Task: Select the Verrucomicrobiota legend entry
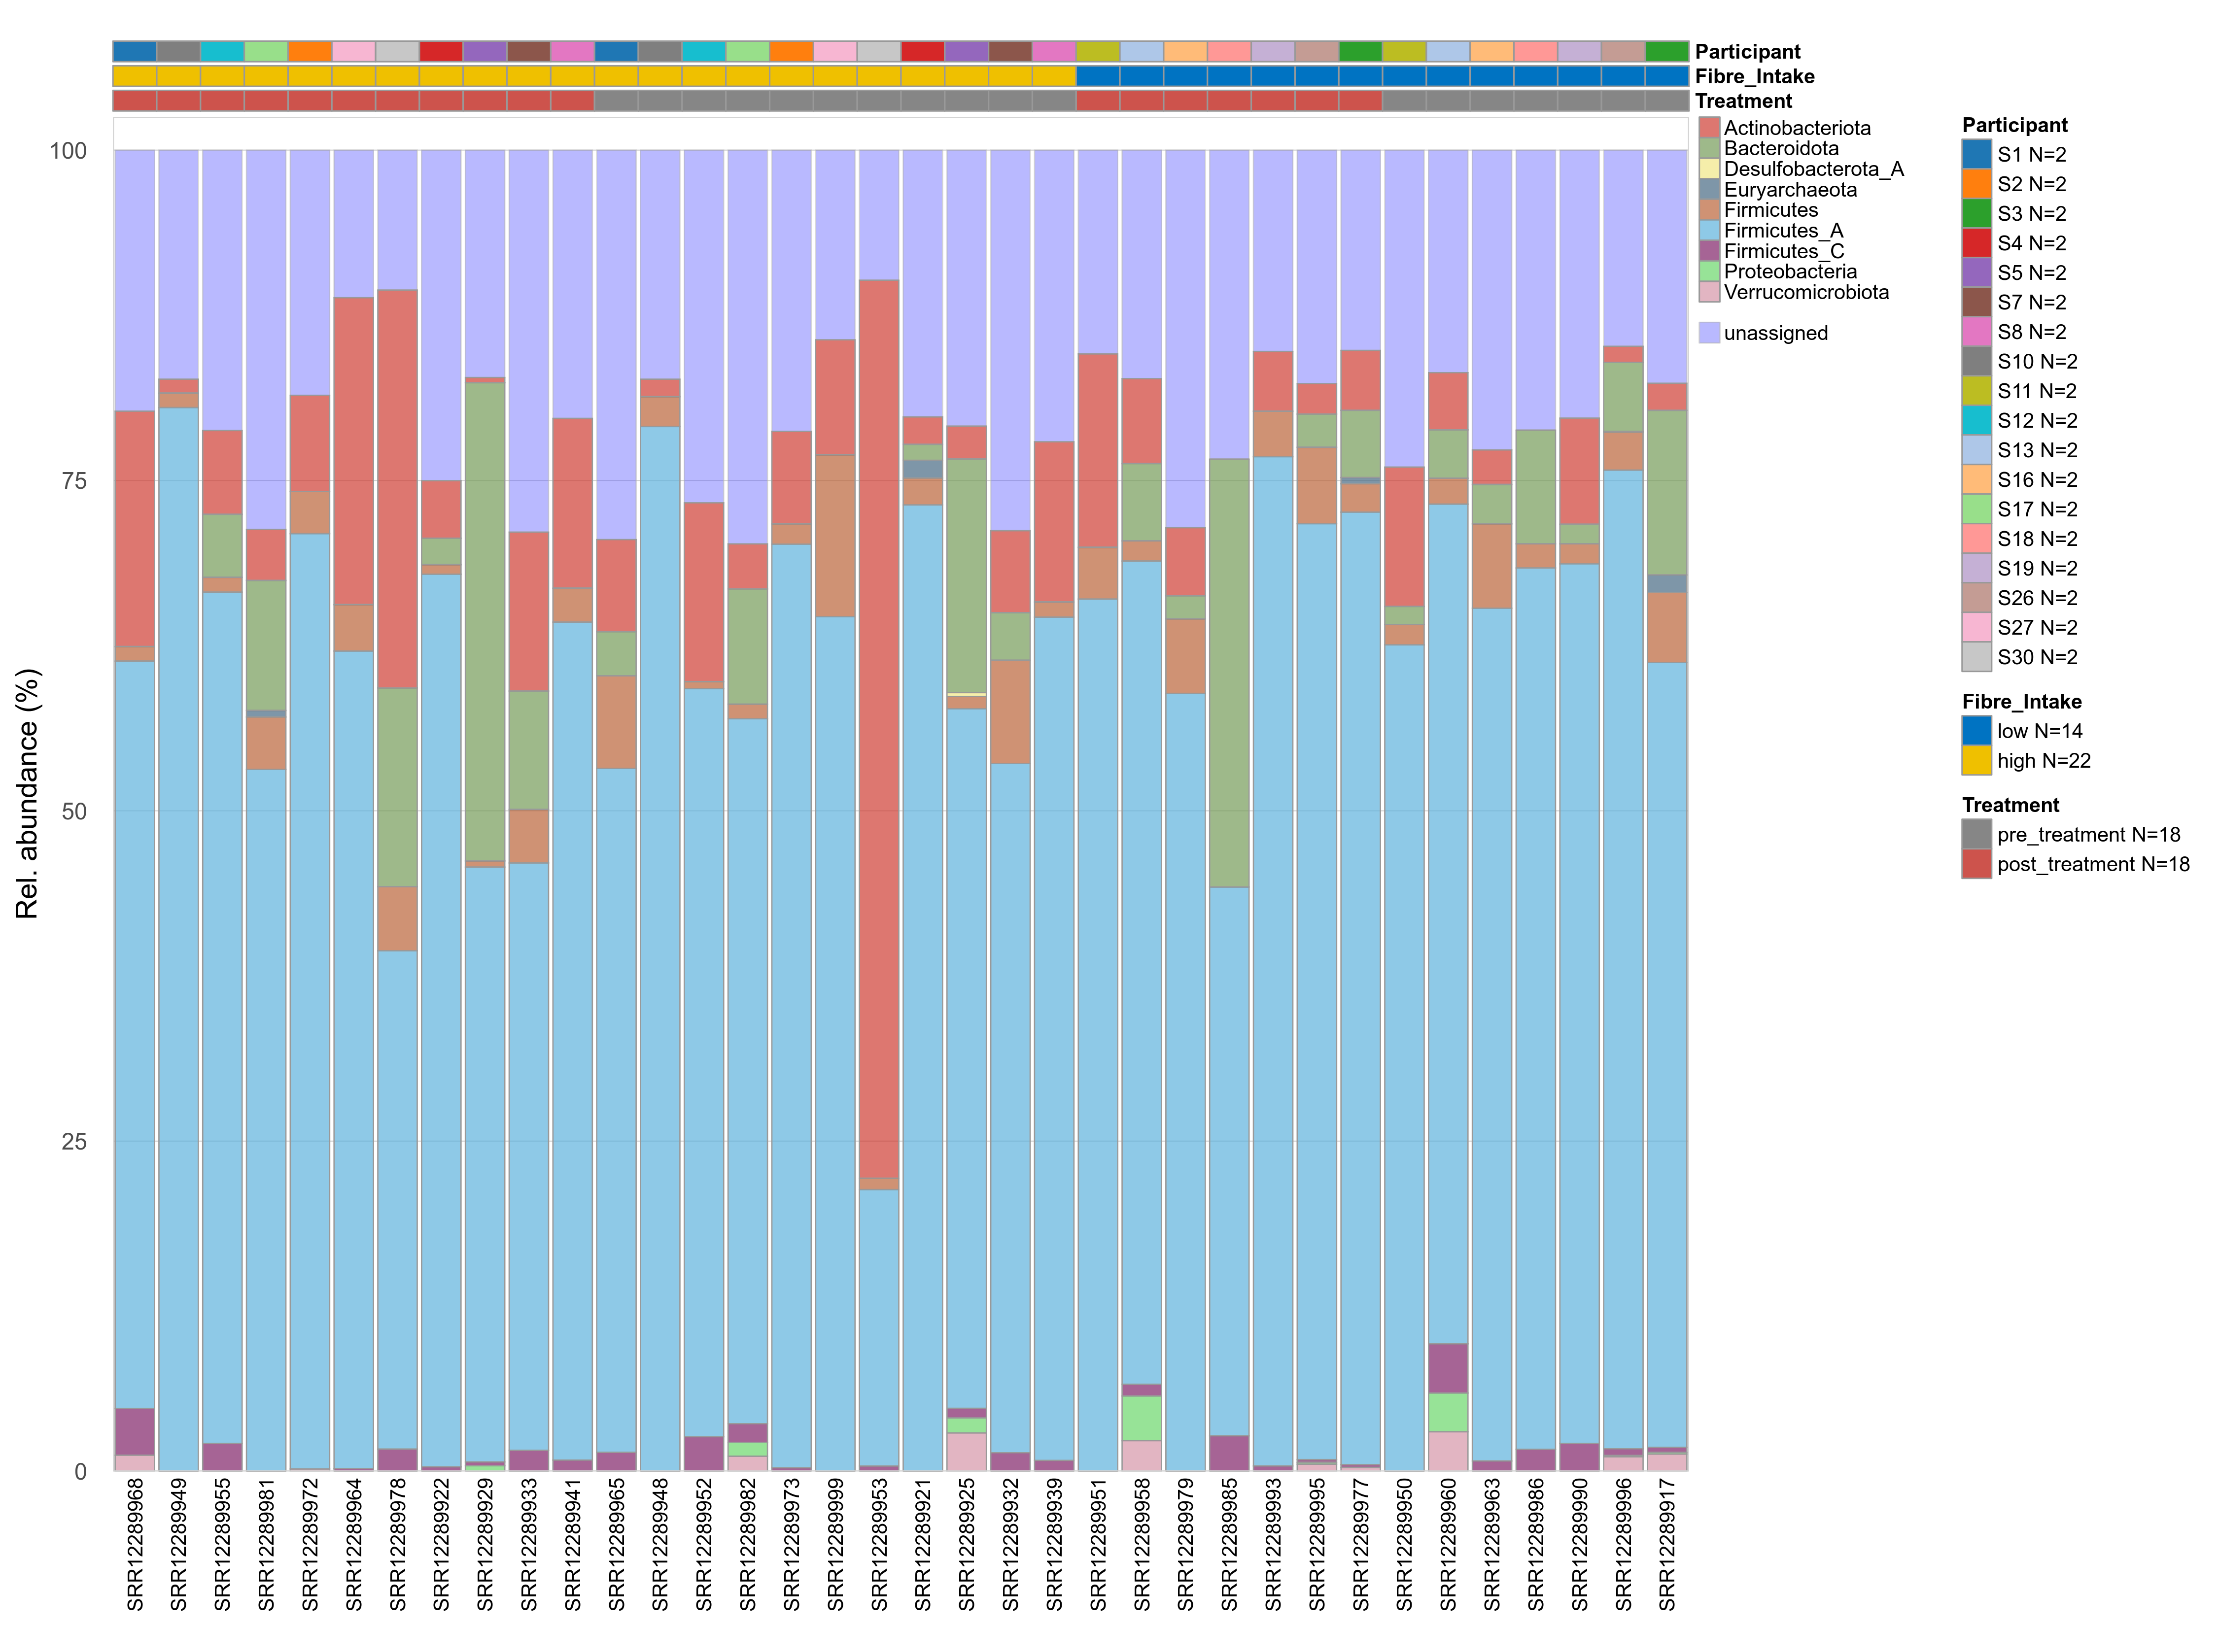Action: point(1805,292)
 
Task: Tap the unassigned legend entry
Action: point(1775,334)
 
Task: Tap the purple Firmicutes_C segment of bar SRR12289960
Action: point(1447,1368)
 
